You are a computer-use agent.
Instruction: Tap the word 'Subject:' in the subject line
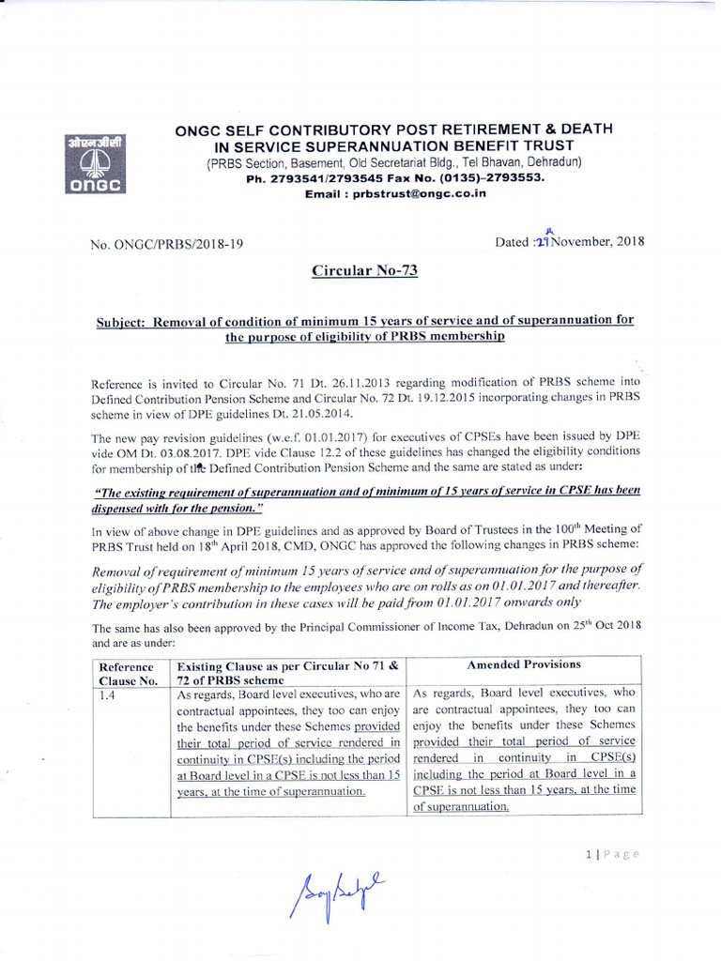pyautogui.click(x=122, y=321)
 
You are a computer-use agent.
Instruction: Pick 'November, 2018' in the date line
pyautogui.click(x=600, y=242)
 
